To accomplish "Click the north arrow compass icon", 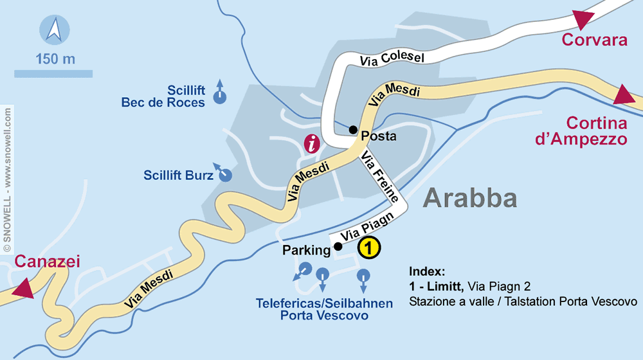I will point(54,30).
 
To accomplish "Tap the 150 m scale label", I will point(55,60).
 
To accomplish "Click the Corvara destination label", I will point(594,40).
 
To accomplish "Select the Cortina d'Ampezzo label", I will point(596,131).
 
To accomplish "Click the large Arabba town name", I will point(471,198).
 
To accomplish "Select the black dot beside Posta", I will point(352,129).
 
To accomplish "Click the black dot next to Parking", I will point(338,246).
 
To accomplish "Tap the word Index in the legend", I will point(427,271).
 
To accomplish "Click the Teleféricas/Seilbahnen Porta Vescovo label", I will point(324,309).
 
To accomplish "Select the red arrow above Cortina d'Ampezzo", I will point(624,96).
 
